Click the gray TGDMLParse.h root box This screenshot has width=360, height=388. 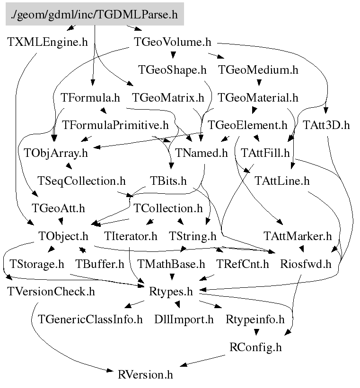tap(95, 15)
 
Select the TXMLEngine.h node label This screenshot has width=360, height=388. tap(48, 42)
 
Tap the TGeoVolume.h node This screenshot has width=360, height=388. tap(172, 42)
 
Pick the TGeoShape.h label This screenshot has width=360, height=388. tap(173, 70)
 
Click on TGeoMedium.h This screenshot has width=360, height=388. tap(258, 70)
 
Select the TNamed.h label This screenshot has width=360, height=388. tap(202, 153)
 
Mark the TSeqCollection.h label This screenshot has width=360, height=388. tap(81, 181)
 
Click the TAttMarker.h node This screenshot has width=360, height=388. tap(298, 236)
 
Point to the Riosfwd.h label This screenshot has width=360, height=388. tap(306, 264)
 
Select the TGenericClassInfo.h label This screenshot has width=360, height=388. tap(90, 319)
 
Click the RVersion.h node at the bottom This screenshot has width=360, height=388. tap(145, 375)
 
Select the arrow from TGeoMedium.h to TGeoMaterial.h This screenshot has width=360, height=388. tap(258, 84)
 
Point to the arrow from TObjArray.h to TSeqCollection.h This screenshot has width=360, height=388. tap(69, 166)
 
